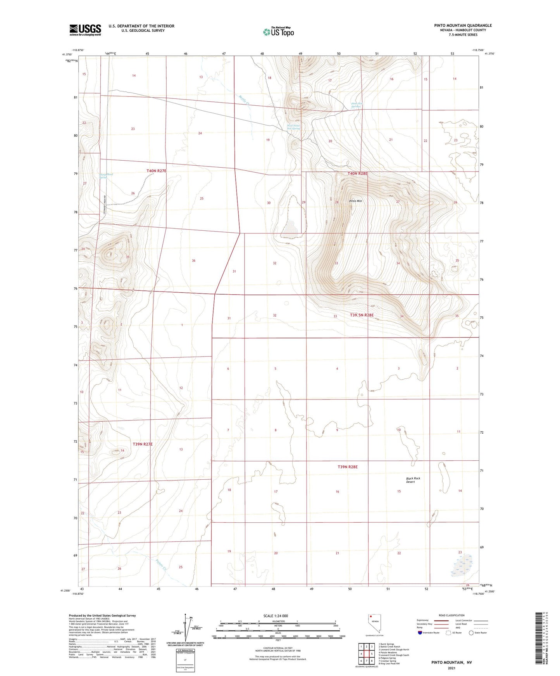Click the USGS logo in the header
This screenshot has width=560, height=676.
coord(85,30)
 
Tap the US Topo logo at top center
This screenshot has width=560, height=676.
coord(278,32)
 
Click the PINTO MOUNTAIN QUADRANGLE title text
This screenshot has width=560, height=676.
coord(463,26)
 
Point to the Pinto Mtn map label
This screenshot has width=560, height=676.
coord(355,201)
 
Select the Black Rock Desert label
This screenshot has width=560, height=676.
coord(413,480)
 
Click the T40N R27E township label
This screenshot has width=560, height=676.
coord(156,171)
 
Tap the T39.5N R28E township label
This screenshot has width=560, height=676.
coord(362,315)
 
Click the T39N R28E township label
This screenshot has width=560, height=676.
coord(347,467)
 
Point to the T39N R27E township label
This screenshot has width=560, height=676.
coord(143,444)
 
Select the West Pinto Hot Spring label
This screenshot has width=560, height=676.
coord(293,127)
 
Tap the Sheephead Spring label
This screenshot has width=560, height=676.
coord(106,176)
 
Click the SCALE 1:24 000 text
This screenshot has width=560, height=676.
coord(276,616)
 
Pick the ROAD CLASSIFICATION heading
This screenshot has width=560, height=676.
coord(451,615)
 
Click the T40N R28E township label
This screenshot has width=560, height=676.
coord(357,173)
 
